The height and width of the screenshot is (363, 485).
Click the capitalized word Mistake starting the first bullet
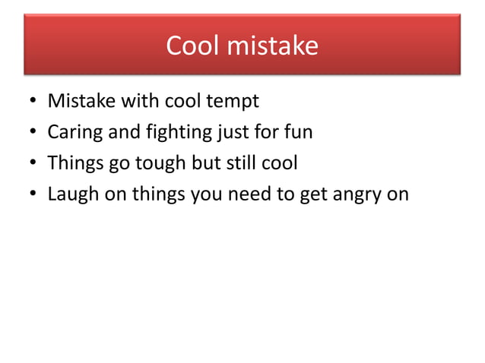(x=79, y=101)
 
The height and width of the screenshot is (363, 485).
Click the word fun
(x=297, y=132)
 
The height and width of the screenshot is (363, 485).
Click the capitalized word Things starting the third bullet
(x=74, y=163)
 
